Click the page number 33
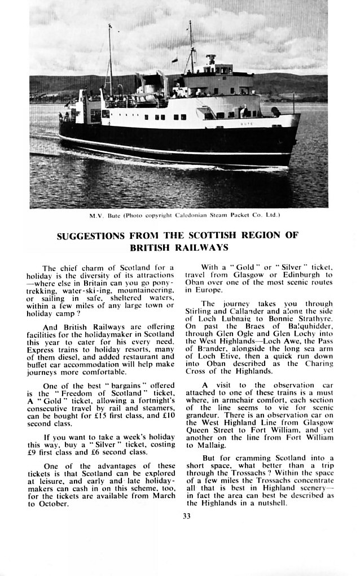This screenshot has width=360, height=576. click(186, 514)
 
